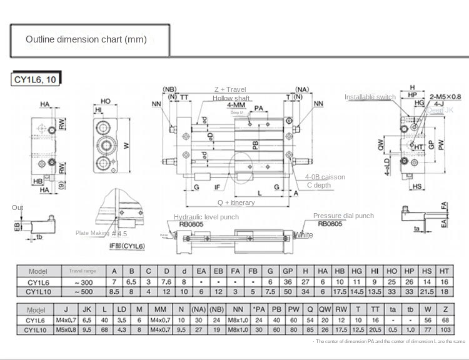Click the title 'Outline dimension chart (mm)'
(86, 39)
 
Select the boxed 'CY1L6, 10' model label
(36, 79)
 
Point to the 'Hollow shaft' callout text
(231, 98)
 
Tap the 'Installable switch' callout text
(370, 97)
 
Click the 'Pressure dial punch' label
(343, 216)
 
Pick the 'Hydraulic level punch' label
(206, 217)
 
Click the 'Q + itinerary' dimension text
(236, 202)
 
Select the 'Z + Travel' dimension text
(230, 89)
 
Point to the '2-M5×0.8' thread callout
(445, 96)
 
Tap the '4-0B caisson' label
(325, 177)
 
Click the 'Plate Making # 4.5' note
(101, 233)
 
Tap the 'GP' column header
(288, 271)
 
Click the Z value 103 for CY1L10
(445, 329)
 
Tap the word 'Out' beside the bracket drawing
(18, 207)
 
